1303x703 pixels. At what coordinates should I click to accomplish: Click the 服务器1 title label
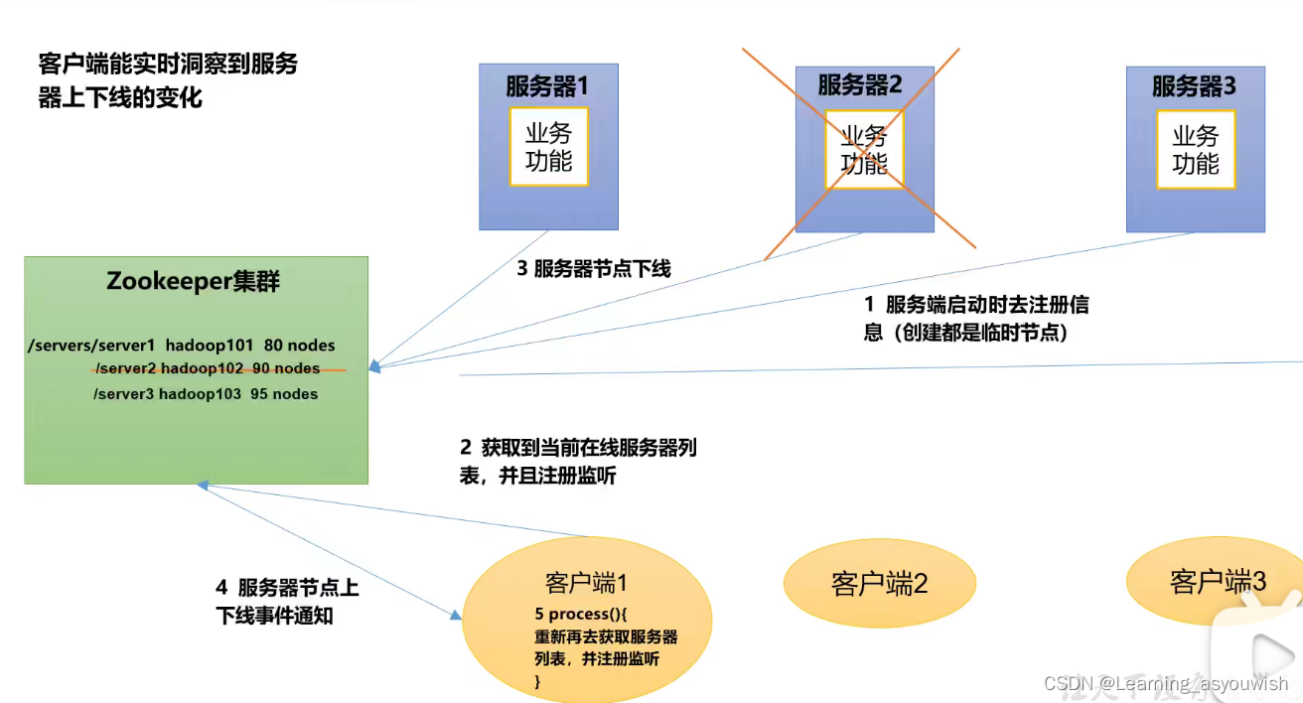pyautogui.click(x=547, y=86)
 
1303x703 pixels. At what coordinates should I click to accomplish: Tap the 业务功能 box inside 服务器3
pyautogui.click(x=1195, y=150)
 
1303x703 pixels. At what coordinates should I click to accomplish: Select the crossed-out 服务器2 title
pyautogui.click(x=860, y=85)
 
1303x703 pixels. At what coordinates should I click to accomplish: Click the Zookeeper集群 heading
pyautogui.click(x=194, y=281)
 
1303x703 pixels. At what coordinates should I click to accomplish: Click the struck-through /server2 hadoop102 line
pyautogui.click(x=207, y=368)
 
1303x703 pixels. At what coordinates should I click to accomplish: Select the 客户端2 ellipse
pyautogui.click(x=878, y=583)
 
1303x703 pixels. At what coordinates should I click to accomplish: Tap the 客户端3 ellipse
pyautogui.click(x=1218, y=582)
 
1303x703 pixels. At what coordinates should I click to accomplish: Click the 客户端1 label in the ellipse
pyautogui.click(x=585, y=583)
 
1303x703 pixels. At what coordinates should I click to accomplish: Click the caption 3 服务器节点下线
pyautogui.click(x=593, y=268)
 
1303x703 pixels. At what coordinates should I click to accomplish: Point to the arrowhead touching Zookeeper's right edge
pyautogui.click(x=373, y=366)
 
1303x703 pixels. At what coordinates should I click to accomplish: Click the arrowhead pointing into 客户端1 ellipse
pyautogui.click(x=456, y=616)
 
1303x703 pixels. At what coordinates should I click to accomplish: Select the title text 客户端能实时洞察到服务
pyautogui.click(x=167, y=66)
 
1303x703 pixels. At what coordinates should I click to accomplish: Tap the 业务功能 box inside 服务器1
pyautogui.click(x=548, y=147)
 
